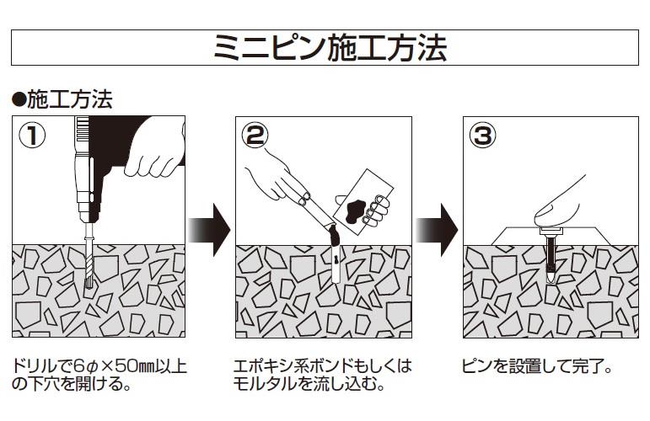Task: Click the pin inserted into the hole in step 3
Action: pos(551,257)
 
